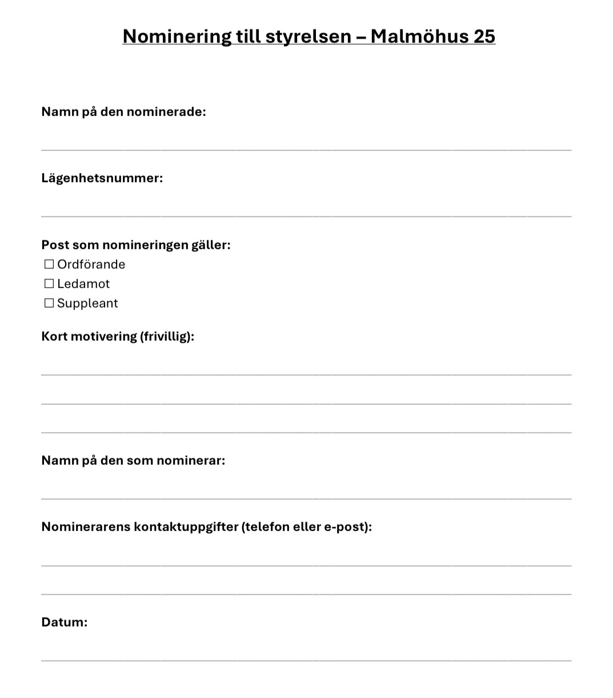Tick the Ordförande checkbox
[x=49, y=264]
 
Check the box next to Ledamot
[x=49, y=284]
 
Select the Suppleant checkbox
[x=49, y=303]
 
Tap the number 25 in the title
[x=484, y=36]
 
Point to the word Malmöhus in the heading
[x=419, y=36]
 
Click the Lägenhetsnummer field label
[x=102, y=178]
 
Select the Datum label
[x=64, y=622]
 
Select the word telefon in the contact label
[x=266, y=527]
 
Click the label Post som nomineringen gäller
[x=135, y=245]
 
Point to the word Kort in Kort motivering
[x=54, y=336]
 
